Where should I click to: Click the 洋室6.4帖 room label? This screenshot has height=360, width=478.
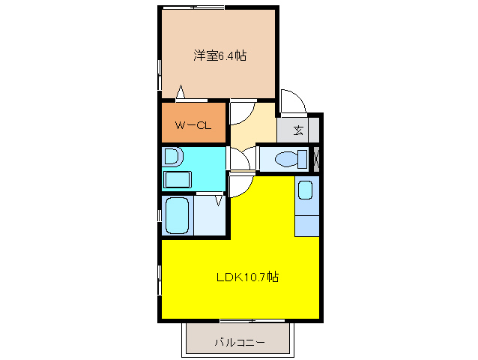(x=220, y=55)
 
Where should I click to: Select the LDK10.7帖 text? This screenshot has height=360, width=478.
(x=247, y=277)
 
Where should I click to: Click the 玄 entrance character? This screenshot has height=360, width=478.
(x=299, y=130)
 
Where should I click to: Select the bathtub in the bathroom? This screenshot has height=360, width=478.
(x=178, y=217)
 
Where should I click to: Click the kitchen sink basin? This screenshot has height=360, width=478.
(x=306, y=190)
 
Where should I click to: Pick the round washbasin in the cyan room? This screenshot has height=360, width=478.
(x=172, y=157)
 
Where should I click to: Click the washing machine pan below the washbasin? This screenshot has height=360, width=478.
(x=178, y=180)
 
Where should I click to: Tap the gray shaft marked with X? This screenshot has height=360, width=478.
(x=315, y=159)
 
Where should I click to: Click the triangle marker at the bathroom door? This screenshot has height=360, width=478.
(x=220, y=199)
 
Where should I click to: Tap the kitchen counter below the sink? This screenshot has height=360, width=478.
(x=306, y=224)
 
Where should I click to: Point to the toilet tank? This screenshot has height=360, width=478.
(x=302, y=159)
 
